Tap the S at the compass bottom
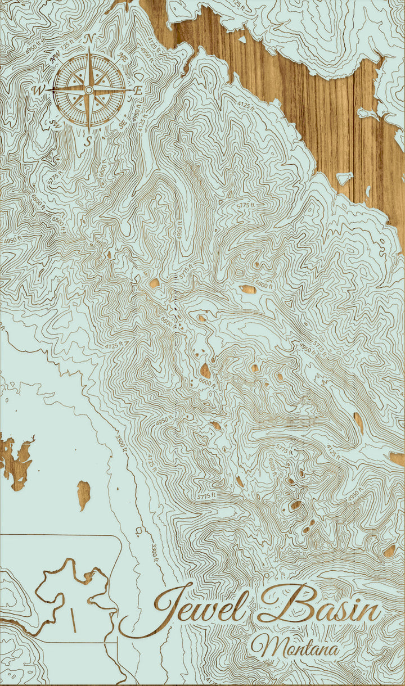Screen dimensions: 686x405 coord(88,141)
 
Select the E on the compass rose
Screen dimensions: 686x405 coord(138,90)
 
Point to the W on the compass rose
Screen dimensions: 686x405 coord(38,90)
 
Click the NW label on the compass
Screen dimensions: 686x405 coord(55,56)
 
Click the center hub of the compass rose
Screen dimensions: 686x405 coord(88,90)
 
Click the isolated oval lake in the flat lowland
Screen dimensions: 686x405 coord(84,494)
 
